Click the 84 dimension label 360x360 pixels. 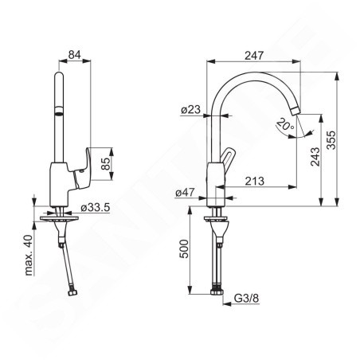pyautogui.click(x=74, y=55)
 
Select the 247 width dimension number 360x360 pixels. pyautogui.click(x=254, y=56)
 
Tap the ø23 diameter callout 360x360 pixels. pyautogui.click(x=191, y=110)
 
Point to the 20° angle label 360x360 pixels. pyautogui.click(x=285, y=124)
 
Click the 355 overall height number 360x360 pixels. pyautogui.click(x=331, y=140)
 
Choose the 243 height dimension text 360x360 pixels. pyautogui.click(x=315, y=157)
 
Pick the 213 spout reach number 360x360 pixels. pyautogui.click(x=255, y=181)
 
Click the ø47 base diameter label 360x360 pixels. pyautogui.click(x=185, y=192)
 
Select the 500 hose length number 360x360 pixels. pyautogui.click(x=184, y=248)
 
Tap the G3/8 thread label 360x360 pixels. pyautogui.click(x=246, y=298)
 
